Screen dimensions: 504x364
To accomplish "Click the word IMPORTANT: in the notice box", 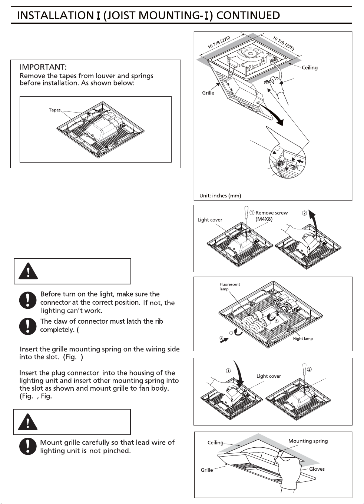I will click(43, 67).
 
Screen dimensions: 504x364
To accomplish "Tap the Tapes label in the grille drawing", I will click(54, 110).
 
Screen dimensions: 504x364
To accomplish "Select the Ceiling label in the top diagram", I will click(310, 68).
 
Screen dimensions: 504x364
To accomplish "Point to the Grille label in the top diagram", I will click(208, 93).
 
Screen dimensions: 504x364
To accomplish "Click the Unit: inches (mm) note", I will click(220, 196).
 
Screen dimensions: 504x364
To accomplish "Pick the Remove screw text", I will click(271, 213).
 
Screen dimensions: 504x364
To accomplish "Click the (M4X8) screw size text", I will click(264, 219).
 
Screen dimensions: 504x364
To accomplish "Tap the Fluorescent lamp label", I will click(229, 287).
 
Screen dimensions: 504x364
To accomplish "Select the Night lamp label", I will click(303, 338).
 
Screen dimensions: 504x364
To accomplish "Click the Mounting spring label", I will click(308, 441).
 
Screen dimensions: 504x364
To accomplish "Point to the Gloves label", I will click(317, 469).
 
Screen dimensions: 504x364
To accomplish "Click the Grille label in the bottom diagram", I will click(207, 470).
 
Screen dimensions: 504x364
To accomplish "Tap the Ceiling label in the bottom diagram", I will click(215, 443).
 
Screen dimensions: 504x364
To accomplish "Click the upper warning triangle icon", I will click(28, 271).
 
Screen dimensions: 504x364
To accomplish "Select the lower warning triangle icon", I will click(28, 422).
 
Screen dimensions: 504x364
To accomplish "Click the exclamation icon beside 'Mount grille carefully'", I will click(28, 446).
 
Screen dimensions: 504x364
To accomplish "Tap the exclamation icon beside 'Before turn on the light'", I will click(28, 300).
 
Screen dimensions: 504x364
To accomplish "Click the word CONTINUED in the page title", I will click(248, 16).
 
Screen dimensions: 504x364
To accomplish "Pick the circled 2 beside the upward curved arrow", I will click(305, 213).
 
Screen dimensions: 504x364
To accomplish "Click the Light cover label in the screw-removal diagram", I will click(210, 220).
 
